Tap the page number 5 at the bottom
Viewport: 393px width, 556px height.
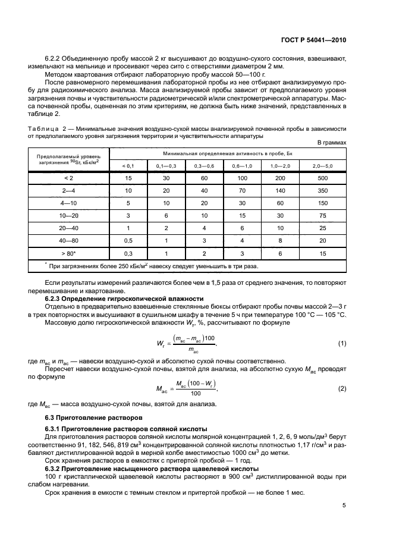(x=344, y=506)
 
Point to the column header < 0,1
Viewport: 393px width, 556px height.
(x=128, y=165)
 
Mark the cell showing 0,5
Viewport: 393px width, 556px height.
(x=128, y=240)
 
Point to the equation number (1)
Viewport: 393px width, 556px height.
(x=342, y=344)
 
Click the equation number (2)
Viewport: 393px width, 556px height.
(x=342, y=388)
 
